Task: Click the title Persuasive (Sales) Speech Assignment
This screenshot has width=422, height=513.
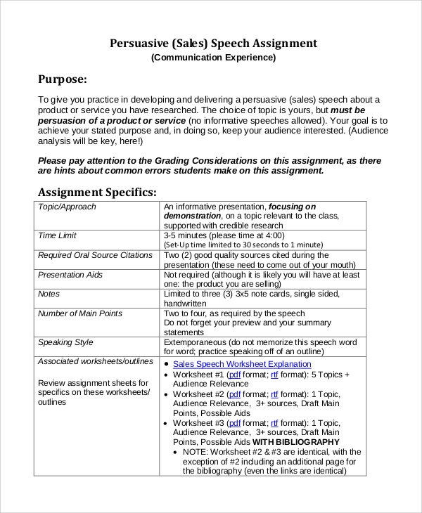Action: (x=213, y=44)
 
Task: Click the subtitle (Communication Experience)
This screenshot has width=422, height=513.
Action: (x=213, y=58)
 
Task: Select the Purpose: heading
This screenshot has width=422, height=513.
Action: (x=63, y=79)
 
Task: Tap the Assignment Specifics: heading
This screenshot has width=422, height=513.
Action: (x=97, y=192)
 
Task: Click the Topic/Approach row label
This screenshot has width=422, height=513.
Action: (x=67, y=207)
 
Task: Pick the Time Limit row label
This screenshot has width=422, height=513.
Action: (x=57, y=235)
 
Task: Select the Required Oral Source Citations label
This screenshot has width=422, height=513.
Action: (x=95, y=255)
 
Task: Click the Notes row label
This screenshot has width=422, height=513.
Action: (x=49, y=294)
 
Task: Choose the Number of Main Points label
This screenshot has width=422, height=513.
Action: (x=79, y=313)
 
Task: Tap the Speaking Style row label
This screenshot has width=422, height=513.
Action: (x=65, y=342)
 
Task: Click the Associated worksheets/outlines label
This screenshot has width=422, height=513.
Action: (x=95, y=361)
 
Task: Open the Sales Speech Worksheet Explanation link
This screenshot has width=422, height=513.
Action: (x=242, y=364)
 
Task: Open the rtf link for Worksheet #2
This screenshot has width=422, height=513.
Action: (x=274, y=394)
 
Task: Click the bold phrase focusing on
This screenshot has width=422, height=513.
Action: (x=292, y=207)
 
